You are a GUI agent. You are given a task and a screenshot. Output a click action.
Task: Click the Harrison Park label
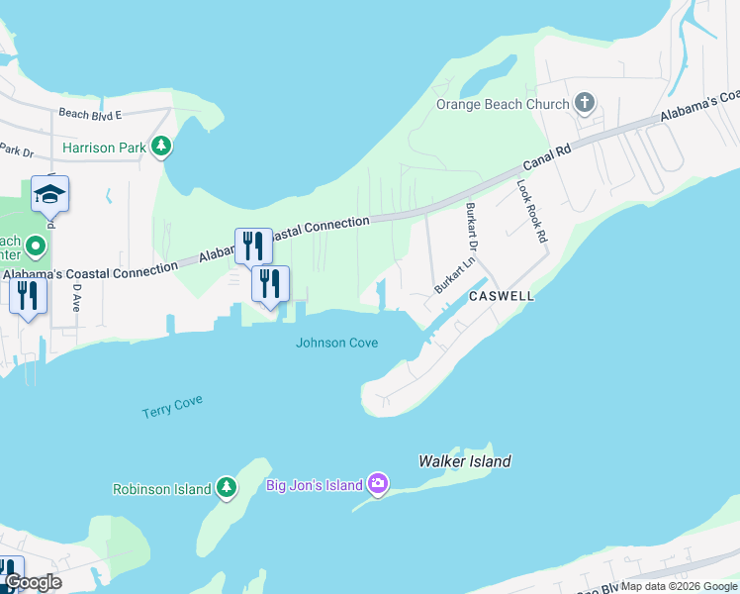(x=104, y=148)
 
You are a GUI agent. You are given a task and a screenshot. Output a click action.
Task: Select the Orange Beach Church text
(x=504, y=104)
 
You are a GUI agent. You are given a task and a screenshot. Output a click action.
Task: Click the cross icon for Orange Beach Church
(x=584, y=103)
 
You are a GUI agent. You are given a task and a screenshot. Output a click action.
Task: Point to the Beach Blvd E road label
(x=89, y=114)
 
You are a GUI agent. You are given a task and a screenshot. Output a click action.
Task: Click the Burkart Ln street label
(x=456, y=274)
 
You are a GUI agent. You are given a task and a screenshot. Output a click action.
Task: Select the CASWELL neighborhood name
(x=502, y=296)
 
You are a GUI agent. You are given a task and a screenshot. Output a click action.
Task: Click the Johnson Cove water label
(x=336, y=343)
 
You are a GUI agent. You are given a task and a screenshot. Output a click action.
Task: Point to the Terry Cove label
(x=172, y=407)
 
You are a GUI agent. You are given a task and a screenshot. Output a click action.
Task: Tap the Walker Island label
(x=465, y=461)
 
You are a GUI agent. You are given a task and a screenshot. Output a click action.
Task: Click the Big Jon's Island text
(x=313, y=485)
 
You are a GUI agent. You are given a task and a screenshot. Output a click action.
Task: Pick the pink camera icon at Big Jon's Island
(x=377, y=484)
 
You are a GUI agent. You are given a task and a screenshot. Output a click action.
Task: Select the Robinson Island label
(x=162, y=489)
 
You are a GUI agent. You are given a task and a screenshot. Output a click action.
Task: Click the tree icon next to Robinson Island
(x=227, y=488)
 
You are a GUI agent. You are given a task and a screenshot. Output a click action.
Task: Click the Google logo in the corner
(x=34, y=582)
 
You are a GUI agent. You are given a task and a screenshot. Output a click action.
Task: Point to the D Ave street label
(x=76, y=298)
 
